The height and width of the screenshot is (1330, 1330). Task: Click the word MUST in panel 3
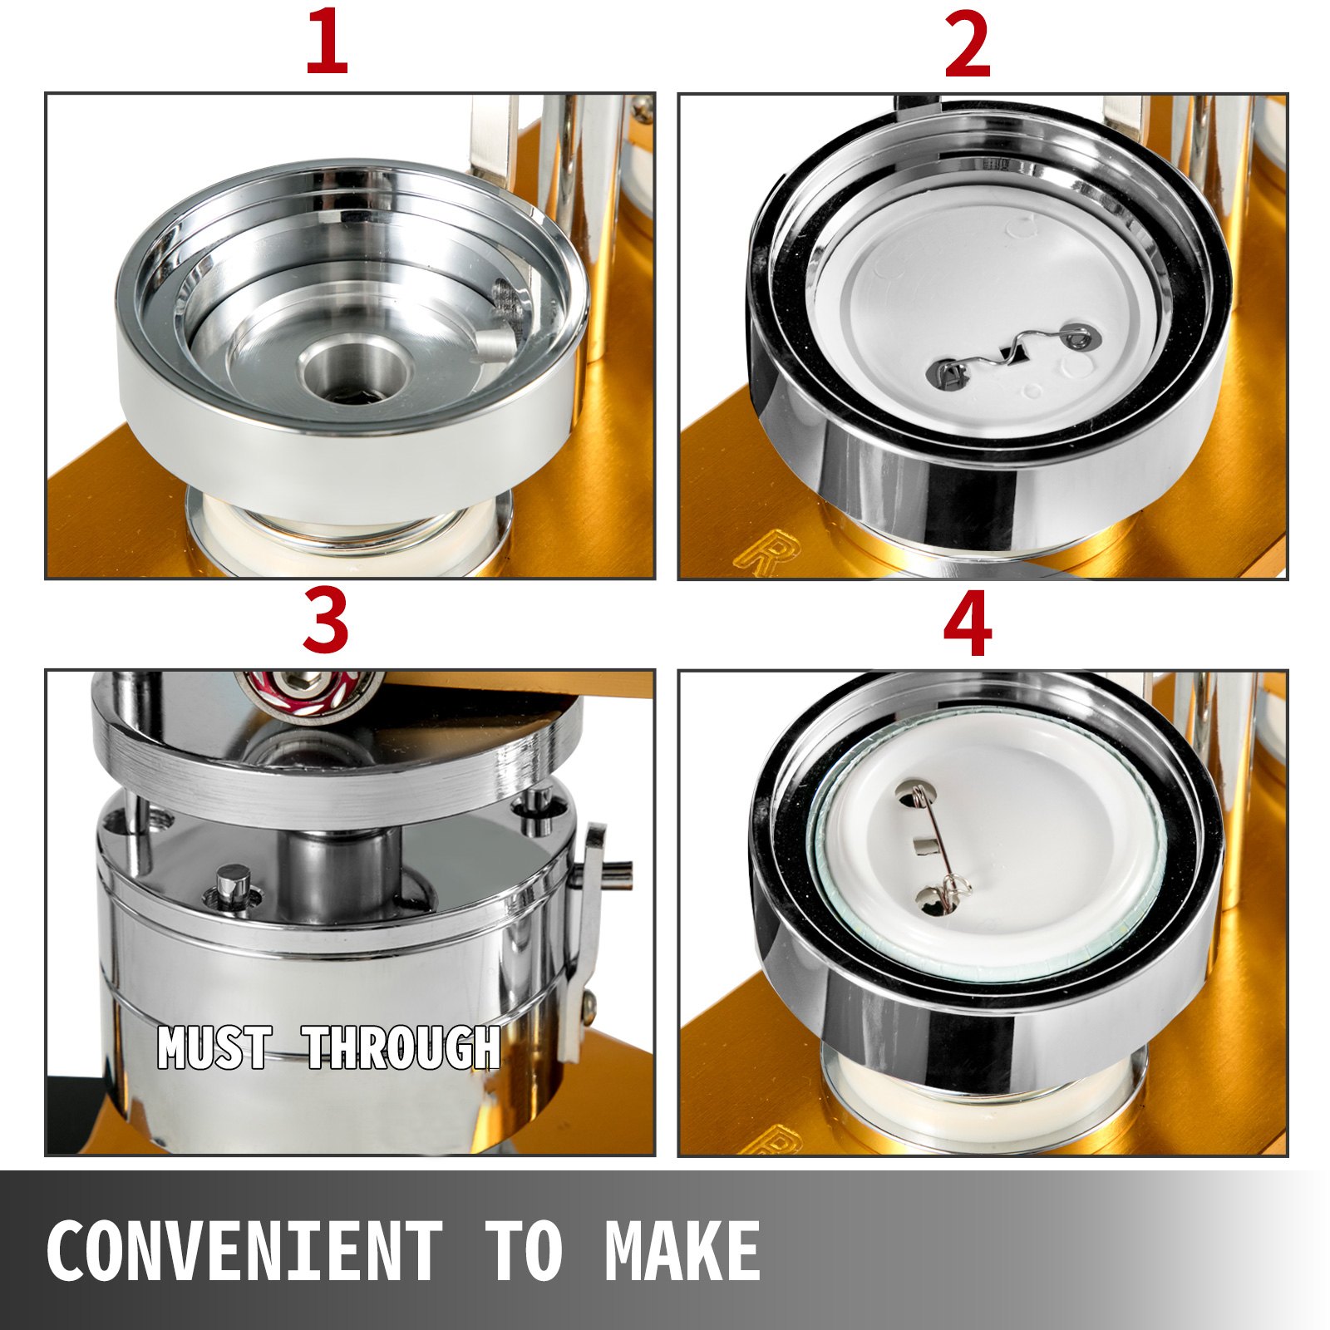214,1047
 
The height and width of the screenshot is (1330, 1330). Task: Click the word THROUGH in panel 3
403,1047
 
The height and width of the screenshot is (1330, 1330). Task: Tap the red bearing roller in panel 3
308,693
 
